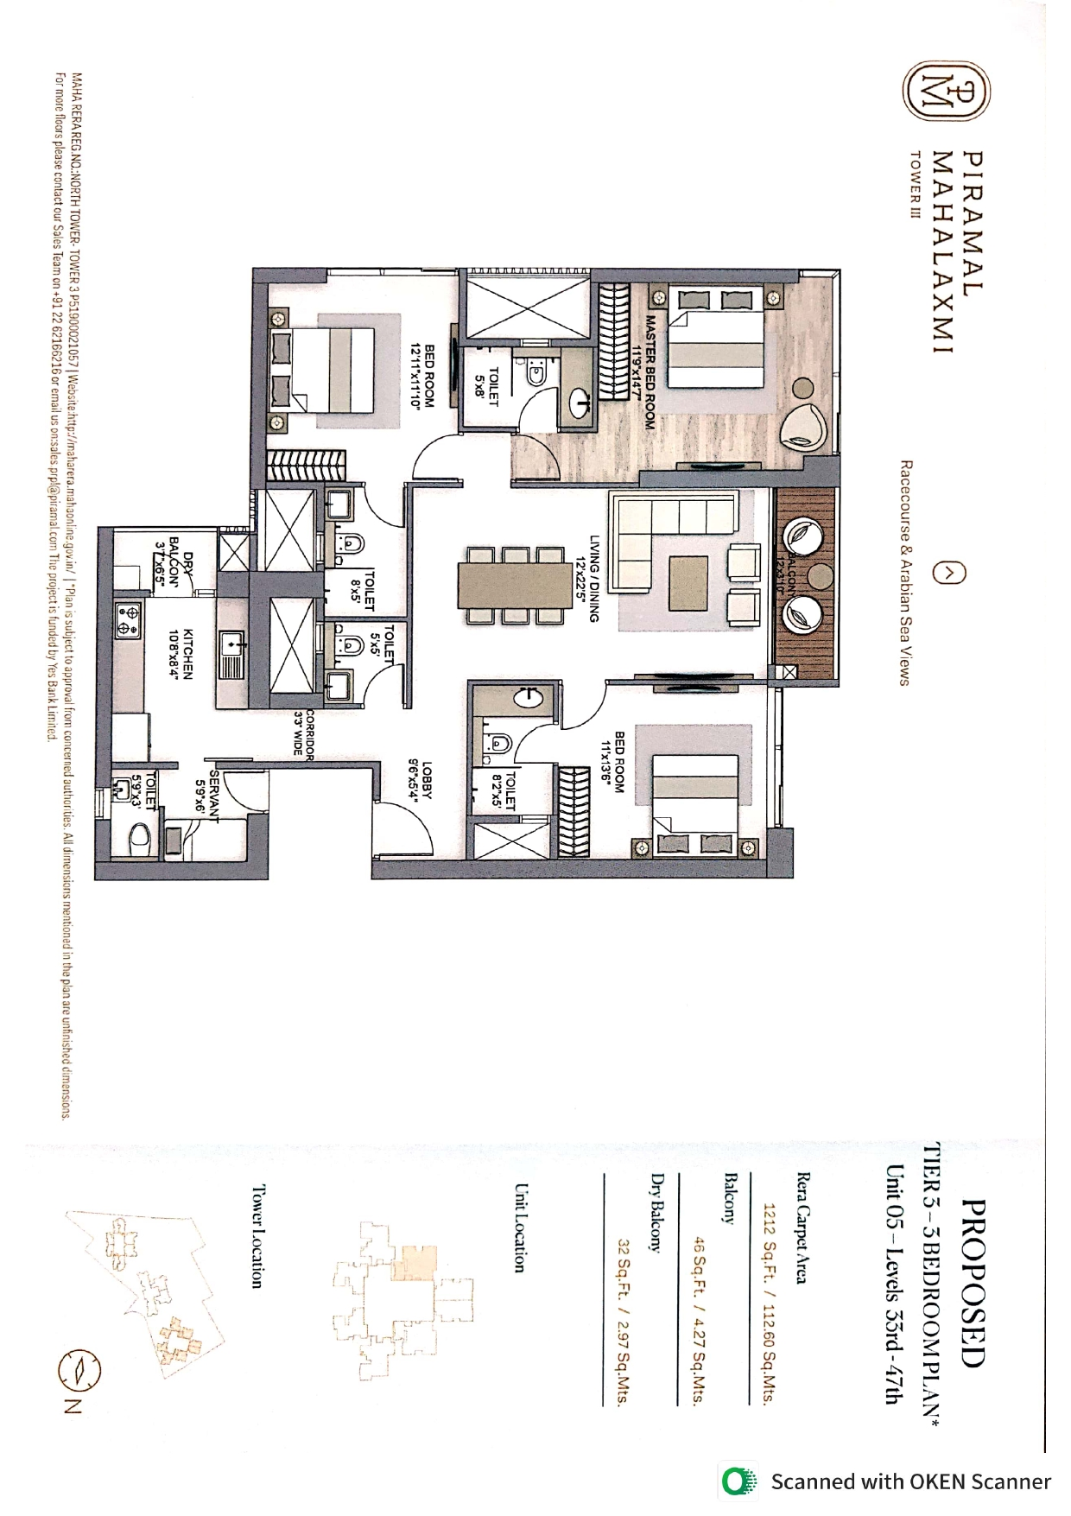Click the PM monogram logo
point(947,90)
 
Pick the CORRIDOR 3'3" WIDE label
point(302,733)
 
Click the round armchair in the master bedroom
point(806,425)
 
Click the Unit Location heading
point(519,1227)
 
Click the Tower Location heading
point(256,1236)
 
